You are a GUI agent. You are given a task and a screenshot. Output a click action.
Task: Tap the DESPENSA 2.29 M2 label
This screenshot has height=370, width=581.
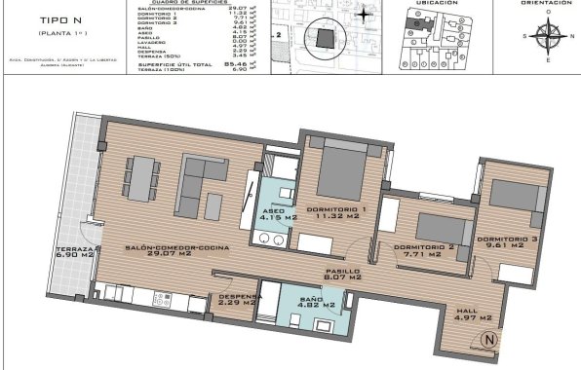238,300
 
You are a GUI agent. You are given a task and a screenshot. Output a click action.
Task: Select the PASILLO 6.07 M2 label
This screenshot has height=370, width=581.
341,274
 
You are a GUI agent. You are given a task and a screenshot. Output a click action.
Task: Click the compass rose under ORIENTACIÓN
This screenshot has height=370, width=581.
545,38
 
